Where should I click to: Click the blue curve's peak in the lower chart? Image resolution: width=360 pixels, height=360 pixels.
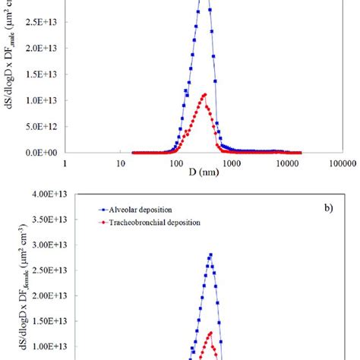point(210,255)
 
